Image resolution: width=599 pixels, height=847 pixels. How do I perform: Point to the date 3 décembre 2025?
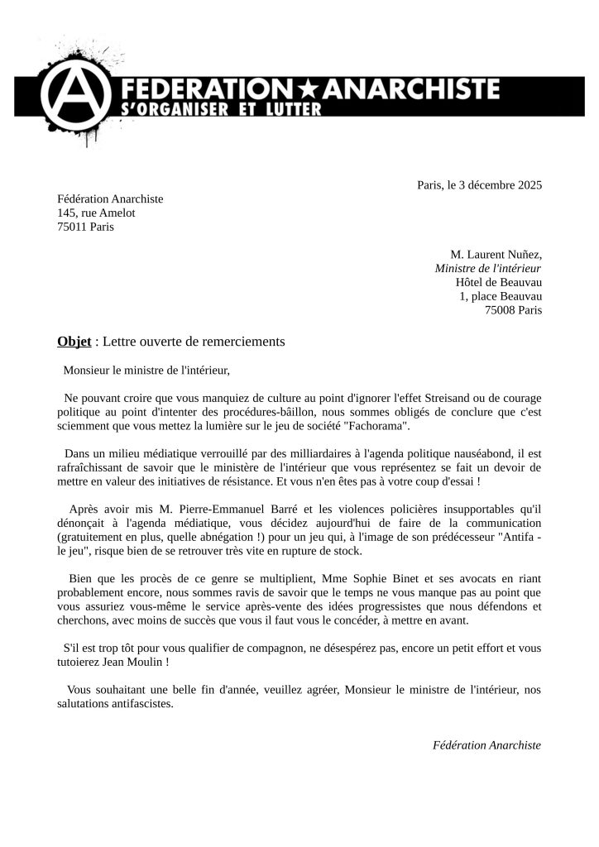click(498, 184)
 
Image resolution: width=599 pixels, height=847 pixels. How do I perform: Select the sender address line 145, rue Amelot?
click(96, 213)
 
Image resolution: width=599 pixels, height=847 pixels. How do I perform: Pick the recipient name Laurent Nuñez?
click(505, 254)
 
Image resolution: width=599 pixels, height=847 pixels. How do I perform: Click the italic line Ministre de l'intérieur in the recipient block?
click(488, 268)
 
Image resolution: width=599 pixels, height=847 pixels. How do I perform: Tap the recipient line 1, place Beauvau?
click(501, 296)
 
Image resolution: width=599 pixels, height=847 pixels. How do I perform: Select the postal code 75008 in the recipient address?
click(500, 310)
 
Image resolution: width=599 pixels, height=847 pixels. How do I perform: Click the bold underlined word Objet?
click(74, 341)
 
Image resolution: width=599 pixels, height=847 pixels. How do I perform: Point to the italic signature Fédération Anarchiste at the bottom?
click(487, 744)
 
